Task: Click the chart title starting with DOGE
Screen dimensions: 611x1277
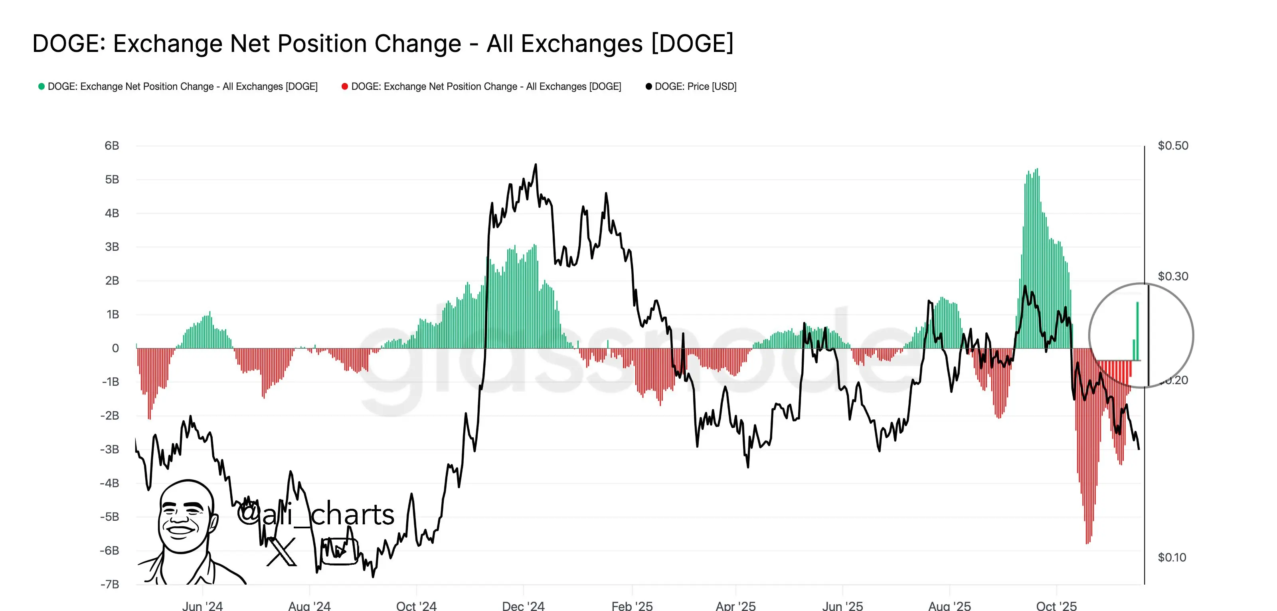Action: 383,44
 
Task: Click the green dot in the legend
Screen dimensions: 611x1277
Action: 42,86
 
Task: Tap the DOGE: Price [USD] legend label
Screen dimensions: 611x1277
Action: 695,86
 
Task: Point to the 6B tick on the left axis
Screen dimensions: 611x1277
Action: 112,146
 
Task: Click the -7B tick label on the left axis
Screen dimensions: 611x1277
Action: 110,584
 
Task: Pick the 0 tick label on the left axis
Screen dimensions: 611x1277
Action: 115,348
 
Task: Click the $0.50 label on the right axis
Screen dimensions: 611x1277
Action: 1173,146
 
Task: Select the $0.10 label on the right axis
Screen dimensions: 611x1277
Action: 1172,557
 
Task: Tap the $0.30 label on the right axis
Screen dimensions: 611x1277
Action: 1173,276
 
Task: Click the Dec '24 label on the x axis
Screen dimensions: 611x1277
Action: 523,605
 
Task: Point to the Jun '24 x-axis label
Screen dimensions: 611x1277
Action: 202,605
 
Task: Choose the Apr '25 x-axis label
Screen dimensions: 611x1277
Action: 735,605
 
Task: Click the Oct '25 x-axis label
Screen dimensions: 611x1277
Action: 1056,605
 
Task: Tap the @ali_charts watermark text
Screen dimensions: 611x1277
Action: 316,514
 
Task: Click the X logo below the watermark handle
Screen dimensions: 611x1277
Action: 282,551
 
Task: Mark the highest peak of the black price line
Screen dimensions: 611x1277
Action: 536,165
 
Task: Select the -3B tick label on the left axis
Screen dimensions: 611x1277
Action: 110,449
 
